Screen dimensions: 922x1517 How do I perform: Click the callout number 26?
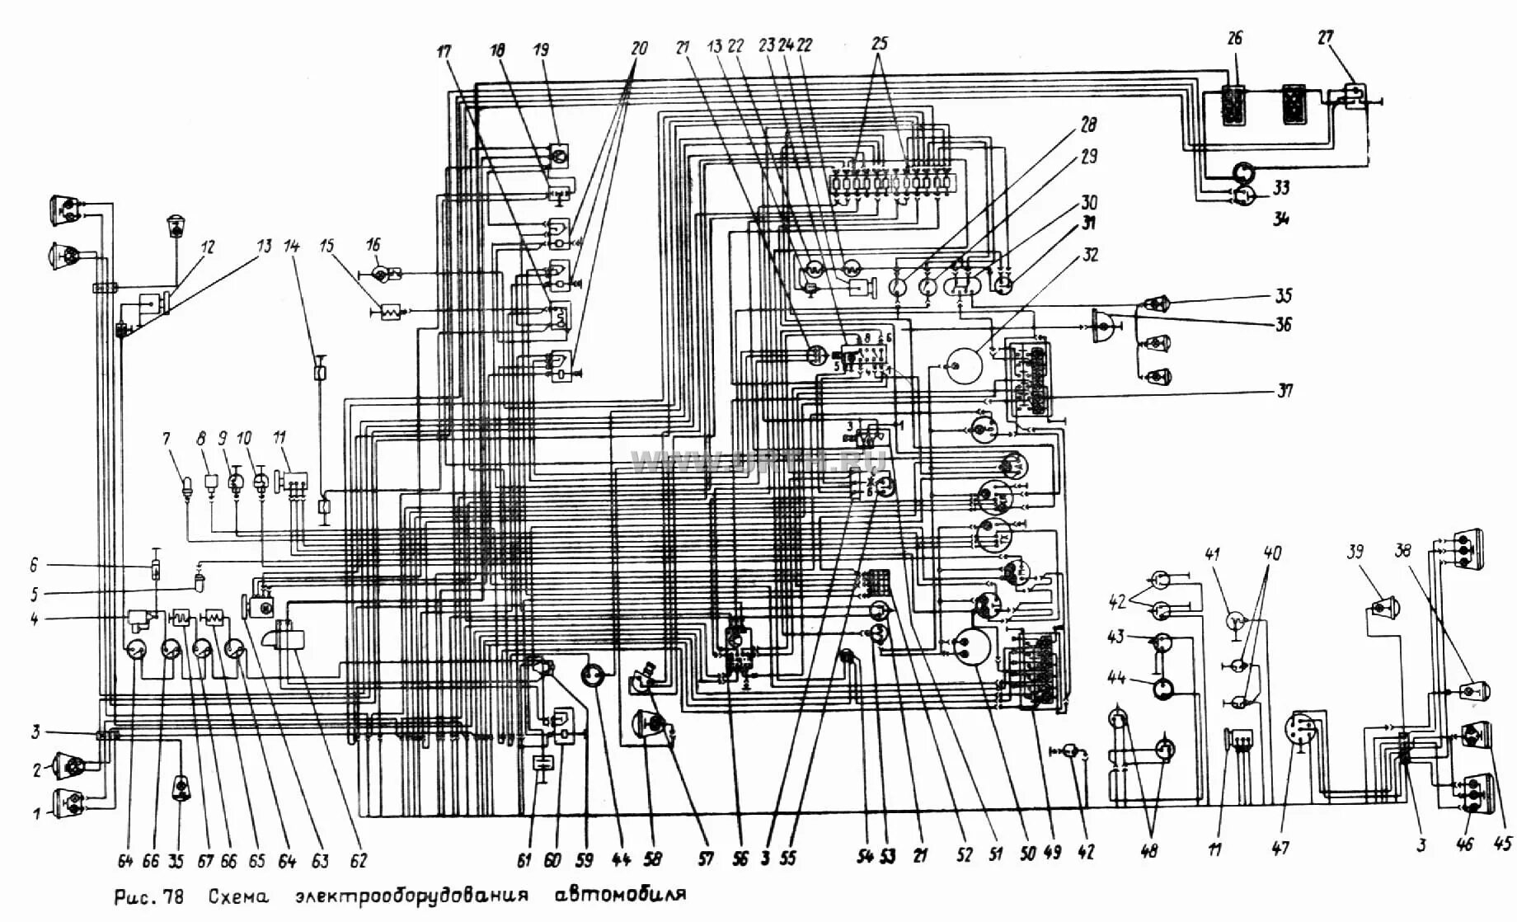(x=1234, y=38)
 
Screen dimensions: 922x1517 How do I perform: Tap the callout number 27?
(x=1325, y=37)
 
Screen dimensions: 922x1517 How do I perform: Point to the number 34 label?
(x=1280, y=219)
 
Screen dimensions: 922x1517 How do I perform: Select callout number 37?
(x=1284, y=390)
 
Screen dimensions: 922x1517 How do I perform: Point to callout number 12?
(x=207, y=247)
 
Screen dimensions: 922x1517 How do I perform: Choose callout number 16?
(x=373, y=245)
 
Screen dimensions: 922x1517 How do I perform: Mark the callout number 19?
(x=541, y=49)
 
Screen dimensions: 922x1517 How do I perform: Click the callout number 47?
(x=1280, y=848)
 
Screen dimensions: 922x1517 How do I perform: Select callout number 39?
(x=1355, y=552)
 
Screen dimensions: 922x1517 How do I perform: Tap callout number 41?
(x=1213, y=555)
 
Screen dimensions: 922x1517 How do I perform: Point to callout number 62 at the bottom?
(x=358, y=861)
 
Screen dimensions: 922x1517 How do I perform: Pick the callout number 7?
(x=167, y=439)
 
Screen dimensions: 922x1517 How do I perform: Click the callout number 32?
(x=1090, y=256)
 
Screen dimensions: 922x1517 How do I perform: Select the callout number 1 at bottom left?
(x=36, y=815)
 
